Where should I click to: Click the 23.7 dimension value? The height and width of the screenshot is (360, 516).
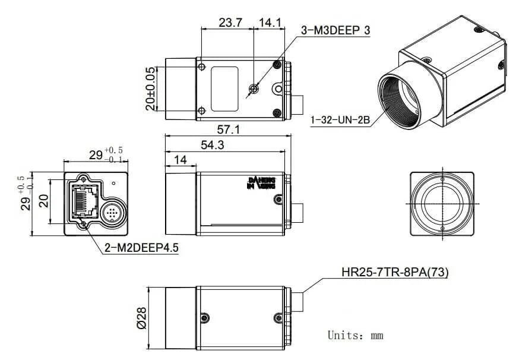click(x=230, y=23)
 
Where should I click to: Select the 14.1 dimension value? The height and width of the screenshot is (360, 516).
click(x=269, y=23)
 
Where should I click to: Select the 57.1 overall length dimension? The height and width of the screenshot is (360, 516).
click(x=228, y=130)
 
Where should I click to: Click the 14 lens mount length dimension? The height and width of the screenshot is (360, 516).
click(x=181, y=160)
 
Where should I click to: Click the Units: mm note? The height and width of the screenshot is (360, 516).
click(x=355, y=336)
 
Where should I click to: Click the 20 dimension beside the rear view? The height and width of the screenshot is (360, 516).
click(x=43, y=201)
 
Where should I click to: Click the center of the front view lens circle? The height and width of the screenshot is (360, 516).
click(x=442, y=203)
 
